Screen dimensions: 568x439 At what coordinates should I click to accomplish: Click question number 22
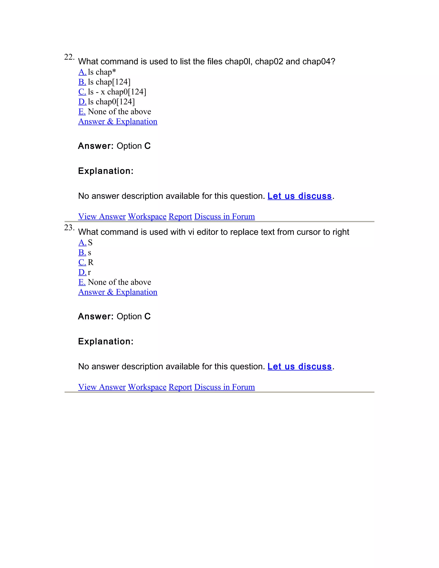69,57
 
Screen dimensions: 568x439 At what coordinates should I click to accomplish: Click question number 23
69,228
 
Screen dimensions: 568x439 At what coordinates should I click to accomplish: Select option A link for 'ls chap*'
82,72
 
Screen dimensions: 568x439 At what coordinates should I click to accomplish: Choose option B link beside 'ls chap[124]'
82,82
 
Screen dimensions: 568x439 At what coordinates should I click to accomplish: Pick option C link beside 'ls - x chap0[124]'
82,92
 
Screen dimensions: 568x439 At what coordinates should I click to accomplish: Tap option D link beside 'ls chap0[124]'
82,102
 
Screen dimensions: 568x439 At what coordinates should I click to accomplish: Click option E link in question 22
82,112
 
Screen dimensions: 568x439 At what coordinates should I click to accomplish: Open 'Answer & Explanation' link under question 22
117,122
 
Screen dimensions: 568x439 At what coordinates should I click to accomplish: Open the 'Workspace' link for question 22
147,216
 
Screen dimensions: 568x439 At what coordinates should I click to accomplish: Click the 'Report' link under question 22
180,216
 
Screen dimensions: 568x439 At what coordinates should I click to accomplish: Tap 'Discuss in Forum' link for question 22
224,216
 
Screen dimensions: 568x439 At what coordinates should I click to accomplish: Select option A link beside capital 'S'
82,243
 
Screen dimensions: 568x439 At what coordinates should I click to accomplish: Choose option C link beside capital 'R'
82,262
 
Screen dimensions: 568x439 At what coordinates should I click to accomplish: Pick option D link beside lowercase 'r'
82,272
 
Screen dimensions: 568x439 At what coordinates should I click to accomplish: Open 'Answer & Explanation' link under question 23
117,292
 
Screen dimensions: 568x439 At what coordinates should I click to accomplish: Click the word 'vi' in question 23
191,232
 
